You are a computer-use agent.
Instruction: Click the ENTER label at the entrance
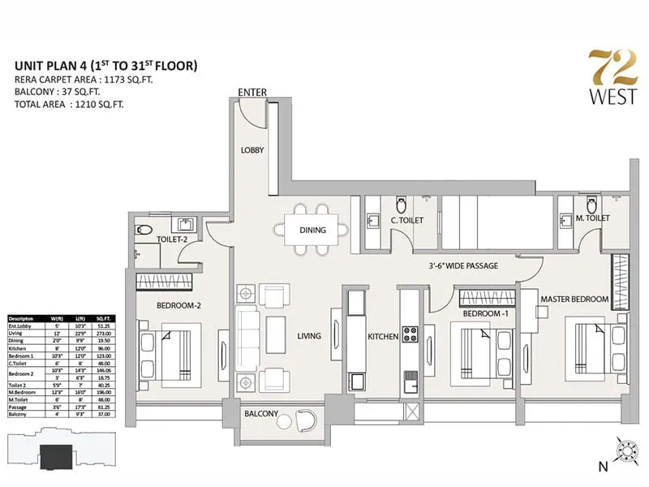[253, 93]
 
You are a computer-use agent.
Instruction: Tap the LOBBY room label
[252, 150]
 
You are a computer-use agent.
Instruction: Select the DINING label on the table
[312, 230]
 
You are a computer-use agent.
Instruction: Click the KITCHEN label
[381, 336]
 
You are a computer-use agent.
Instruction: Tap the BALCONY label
[261, 414]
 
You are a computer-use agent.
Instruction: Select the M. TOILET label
[593, 218]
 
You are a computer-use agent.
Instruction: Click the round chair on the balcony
[307, 420]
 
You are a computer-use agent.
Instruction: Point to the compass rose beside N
[625, 448]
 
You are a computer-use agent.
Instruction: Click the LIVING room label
[308, 336]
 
